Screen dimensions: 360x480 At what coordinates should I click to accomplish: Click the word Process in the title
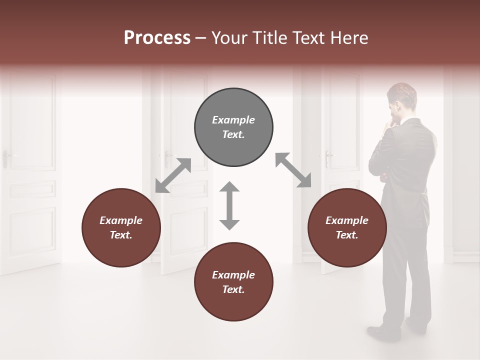coord(157,38)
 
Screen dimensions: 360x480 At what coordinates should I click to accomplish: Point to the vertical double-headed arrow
coord(229,205)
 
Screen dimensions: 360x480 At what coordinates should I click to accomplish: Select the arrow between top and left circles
coord(173,175)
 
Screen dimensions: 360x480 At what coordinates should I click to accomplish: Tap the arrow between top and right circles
coord(293,170)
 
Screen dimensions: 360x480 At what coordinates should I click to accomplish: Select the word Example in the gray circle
coord(233,120)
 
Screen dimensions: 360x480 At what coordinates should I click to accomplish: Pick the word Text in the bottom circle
coord(233,289)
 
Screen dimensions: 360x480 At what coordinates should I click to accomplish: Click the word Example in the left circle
coord(121,220)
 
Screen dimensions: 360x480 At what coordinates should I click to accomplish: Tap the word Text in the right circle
coord(347,235)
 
